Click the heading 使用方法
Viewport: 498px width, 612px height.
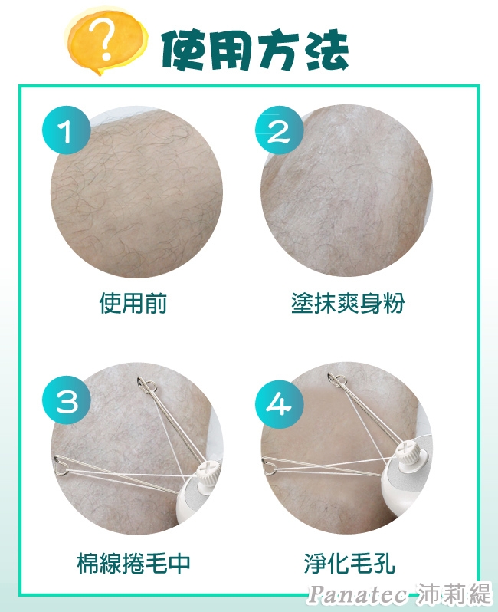pyautogui.click(x=254, y=51)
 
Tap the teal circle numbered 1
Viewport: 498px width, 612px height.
pyautogui.click(x=66, y=130)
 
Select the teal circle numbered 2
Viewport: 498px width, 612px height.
pyautogui.click(x=279, y=130)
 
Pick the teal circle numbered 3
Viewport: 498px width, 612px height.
pyautogui.click(x=67, y=400)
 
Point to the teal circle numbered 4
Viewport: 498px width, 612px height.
pyautogui.click(x=279, y=403)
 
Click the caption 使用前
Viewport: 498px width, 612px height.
pyautogui.click(x=133, y=303)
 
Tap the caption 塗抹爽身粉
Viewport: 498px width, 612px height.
pyautogui.click(x=348, y=303)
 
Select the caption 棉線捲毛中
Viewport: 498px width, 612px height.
pyautogui.click(x=133, y=563)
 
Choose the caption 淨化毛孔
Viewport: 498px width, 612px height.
pyautogui.click(x=349, y=563)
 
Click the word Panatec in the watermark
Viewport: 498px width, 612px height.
pyautogui.click(x=357, y=594)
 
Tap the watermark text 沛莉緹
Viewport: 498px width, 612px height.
pyautogui.click(x=453, y=594)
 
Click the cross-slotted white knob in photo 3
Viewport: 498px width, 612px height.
pyautogui.click(x=208, y=470)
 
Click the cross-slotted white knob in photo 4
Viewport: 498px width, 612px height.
pyautogui.click(x=409, y=452)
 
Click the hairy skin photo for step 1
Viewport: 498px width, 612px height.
pyautogui.click(x=136, y=192)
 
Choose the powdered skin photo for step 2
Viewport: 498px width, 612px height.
pyautogui.click(x=347, y=191)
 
